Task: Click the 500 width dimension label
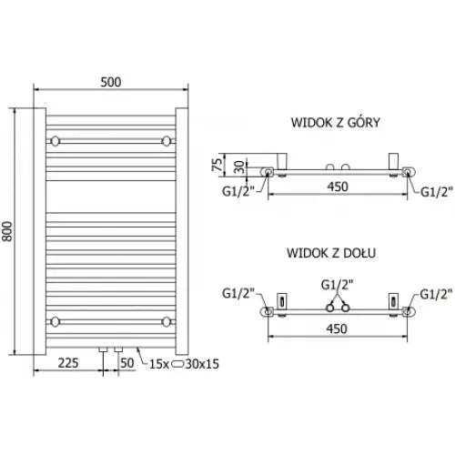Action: pyautogui.click(x=111, y=82)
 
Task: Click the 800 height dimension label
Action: pyautogui.click(x=7, y=231)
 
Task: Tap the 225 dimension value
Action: pyautogui.click(x=68, y=363)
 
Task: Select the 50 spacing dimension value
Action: pyautogui.click(x=126, y=363)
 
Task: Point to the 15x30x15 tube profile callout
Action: pyautogui.click(x=184, y=364)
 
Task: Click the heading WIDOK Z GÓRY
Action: pyautogui.click(x=336, y=123)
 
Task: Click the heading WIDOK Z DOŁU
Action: pyautogui.click(x=331, y=253)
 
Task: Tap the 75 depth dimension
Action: pyautogui.click(x=217, y=165)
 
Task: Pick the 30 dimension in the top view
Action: pyautogui.click(x=239, y=167)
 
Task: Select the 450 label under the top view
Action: pyautogui.click(x=338, y=187)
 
